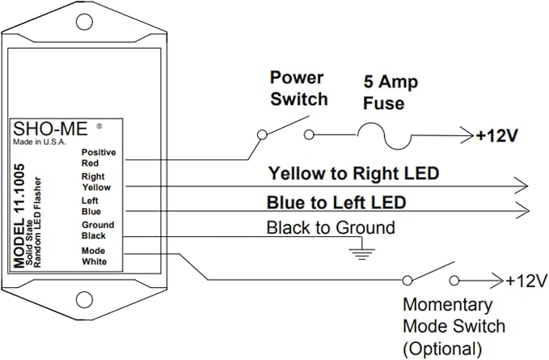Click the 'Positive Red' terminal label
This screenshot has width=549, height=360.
point(98,156)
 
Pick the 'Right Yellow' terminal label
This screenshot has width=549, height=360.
point(98,180)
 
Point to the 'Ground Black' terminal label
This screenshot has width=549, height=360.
point(98,230)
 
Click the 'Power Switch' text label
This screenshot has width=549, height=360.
point(298,89)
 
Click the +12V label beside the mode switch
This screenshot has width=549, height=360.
point(526,281)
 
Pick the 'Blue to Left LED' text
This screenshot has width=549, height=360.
point(336,201)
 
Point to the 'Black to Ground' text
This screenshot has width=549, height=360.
point(331,227)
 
